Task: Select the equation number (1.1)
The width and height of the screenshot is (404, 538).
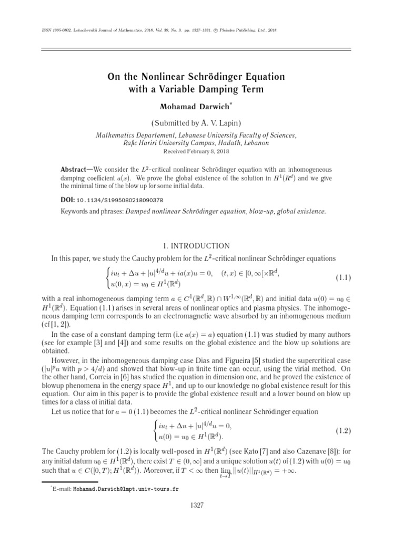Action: [x=344, y=277]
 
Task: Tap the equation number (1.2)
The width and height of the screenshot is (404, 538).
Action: [x=344, y=430]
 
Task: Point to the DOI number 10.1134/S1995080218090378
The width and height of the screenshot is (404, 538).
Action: [x=119, y=200]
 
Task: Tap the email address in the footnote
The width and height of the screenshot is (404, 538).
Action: [x=125, y=489]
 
